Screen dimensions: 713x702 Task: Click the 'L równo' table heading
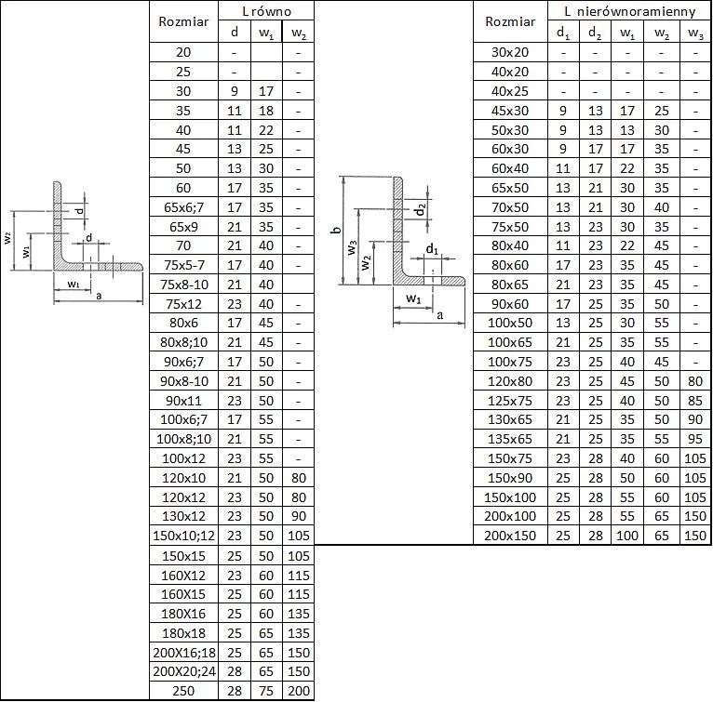[266, 11]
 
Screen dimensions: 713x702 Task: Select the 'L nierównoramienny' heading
[630, 11]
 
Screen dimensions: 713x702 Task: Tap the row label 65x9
[183, 226]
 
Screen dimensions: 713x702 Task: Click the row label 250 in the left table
[183, 691]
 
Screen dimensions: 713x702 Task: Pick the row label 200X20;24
[183, 671]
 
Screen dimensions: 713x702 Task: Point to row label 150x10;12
[183, 536]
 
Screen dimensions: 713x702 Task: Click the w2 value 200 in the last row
[298, 691]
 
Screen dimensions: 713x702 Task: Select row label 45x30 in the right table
[510, 111]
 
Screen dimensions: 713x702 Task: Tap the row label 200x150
[510, 536]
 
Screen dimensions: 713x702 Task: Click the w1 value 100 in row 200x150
[627, 536]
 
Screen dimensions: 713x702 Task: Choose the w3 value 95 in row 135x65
[695, 439]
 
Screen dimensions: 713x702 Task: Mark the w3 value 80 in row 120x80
[695, 381]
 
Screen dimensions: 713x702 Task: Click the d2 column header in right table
[595, 33]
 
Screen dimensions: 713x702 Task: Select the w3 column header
[695, 33]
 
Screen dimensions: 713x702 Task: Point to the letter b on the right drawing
[337, 230]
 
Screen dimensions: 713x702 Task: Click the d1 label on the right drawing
[432, 249]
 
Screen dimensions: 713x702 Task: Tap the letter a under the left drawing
[99, 297]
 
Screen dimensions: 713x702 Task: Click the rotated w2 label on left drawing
[7, 238]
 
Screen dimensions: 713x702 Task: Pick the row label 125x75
[510, 401]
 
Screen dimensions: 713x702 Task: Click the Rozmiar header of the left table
[183, 21]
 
